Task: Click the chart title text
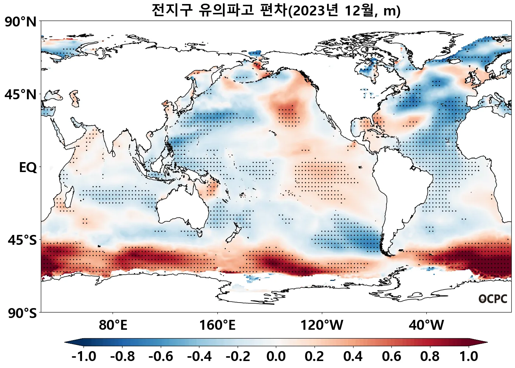point(276,10)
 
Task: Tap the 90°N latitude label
point(21,22)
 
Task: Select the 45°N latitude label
point(21,95)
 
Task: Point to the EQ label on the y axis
point(28,168)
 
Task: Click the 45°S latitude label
point(22,240)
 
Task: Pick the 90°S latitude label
point(22,314)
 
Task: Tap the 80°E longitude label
point(113,325)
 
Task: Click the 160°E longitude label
point(217,325)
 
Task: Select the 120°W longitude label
point(322,325)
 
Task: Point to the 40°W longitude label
point(426,325)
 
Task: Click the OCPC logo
point(493,299)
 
